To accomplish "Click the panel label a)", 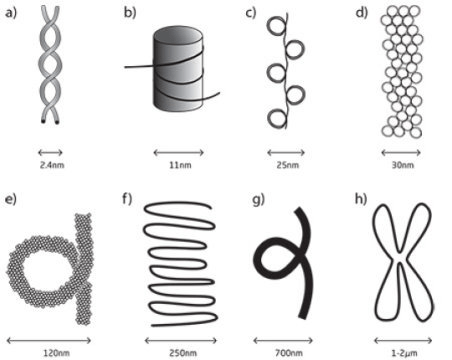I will (12, 13).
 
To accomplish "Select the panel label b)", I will (129, 13).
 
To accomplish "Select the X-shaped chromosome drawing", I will (401, 258).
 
